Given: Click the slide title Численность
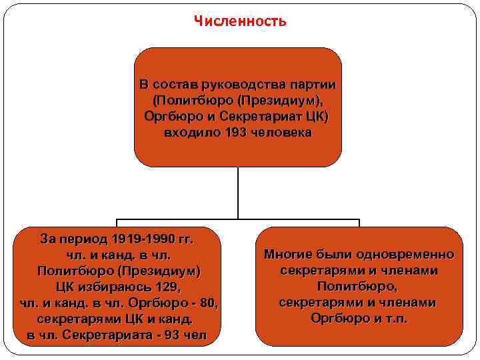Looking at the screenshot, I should click(x=240, y=21).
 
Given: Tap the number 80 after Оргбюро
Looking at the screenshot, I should click(x=209, y=303).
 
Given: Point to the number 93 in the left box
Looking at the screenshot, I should click(x=171, y=335).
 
